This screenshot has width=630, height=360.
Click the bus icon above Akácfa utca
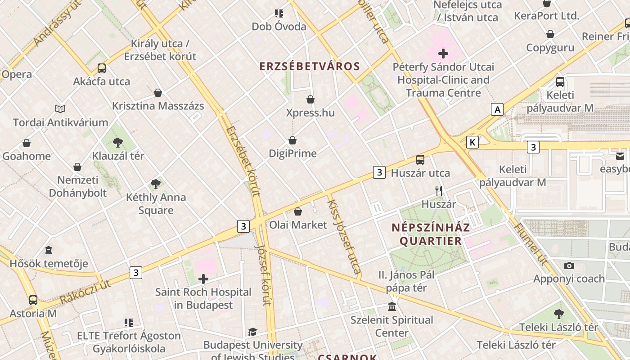click(x=102, y=68)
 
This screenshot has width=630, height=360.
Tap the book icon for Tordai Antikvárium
click(x=60, y=109)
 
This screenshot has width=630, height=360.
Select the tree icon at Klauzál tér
click(x=118, y=143)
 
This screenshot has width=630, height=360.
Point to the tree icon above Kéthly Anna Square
click(x=156, y=184)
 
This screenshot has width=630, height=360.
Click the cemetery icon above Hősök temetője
click(x=49, y=250)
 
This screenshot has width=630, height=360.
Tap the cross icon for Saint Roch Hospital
click(x=203, y=279)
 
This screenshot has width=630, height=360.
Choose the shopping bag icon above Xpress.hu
click(x=310, y=99)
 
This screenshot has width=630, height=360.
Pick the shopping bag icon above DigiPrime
click(x=292, y=140)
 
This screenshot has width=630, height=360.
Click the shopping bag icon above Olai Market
click(x=298, y=211)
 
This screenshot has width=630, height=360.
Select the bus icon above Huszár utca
click(x=420, y=159)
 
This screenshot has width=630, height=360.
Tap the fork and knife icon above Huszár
click(x=439, y=191)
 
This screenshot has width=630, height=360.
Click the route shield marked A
click(x=497, y=109)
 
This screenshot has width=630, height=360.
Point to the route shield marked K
click(x=472, y=142)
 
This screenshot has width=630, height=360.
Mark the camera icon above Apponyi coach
click(x=569, y=265)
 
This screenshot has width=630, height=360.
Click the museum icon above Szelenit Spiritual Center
click(x=392, y=307)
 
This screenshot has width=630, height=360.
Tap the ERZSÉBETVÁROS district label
click(x=310, y=67)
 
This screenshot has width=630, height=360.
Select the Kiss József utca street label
click(x=344, y=234)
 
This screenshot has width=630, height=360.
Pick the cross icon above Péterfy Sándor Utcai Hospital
click(x=443, y=54)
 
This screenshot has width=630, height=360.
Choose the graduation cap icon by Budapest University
click(x=252, y=332)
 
